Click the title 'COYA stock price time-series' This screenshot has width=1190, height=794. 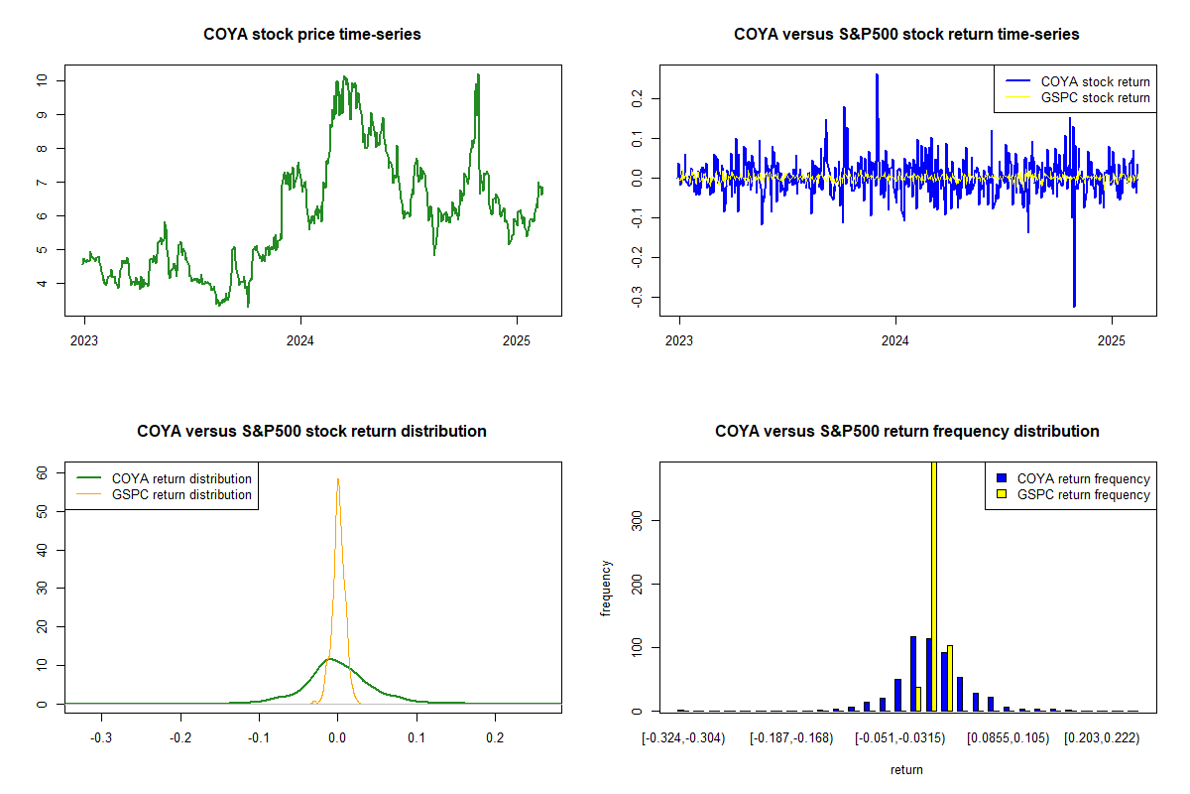[312, 35]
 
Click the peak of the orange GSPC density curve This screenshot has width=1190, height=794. [338, 479]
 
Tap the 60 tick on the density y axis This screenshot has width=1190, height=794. [43, 473]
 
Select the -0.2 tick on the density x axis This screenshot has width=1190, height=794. [179, 738]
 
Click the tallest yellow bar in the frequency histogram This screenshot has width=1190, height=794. [934, 586]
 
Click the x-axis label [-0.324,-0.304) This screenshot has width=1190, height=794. [684, 738]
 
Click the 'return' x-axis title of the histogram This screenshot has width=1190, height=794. [906, 769]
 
